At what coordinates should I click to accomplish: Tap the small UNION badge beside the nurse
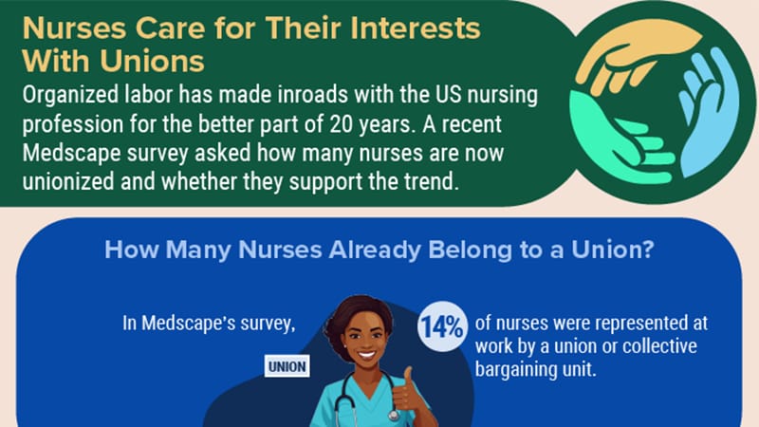pos(287,367)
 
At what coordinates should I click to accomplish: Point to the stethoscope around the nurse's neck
pos(347,403)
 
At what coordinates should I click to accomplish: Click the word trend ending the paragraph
pos(432,181)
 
